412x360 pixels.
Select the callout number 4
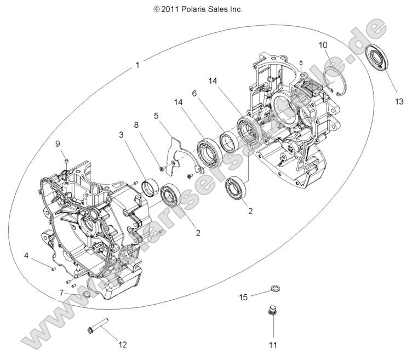point(26,255)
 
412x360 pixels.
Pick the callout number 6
point(193,94)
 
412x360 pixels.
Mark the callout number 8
point(137,124)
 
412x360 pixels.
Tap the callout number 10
point(323,44)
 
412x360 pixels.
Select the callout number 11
point(272,345)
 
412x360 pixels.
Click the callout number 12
point(122,344)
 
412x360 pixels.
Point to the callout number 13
point(398,101)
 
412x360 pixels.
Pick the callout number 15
point(243,297)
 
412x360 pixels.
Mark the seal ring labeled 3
point(148,187)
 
